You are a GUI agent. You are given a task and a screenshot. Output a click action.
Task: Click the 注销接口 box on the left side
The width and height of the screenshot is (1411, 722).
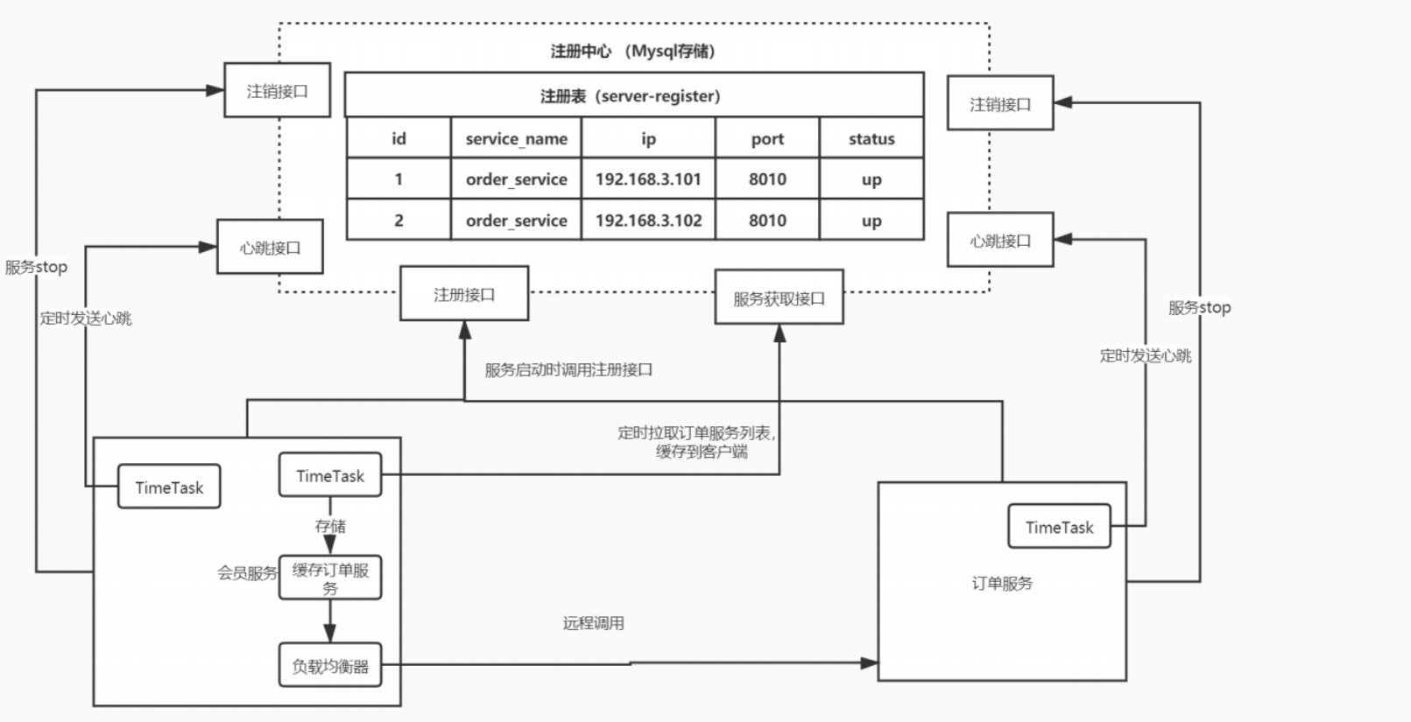tap(277, 90)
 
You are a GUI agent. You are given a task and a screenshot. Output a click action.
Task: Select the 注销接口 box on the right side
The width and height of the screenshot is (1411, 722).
tap(1000, 104)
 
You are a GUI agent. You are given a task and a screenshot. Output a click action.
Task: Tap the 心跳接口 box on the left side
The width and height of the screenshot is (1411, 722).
tap(270, 248)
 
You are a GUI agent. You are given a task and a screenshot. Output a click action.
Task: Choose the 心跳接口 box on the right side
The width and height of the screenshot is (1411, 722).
tap(1000, 241)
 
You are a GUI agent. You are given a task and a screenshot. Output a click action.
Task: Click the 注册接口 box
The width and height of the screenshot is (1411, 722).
tap(464, 295)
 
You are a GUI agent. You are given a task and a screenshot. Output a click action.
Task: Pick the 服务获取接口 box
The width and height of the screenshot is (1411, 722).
tap(779, 298)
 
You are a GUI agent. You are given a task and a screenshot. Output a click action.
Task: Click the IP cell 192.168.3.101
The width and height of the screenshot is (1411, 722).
tap(648, 179)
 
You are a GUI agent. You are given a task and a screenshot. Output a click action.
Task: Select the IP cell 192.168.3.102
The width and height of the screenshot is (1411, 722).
tap(648, 221)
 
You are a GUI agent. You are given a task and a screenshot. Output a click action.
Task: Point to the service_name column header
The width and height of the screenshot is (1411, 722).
tap(516, 138)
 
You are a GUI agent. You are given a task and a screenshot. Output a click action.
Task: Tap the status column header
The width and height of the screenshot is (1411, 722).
tap(871, 138)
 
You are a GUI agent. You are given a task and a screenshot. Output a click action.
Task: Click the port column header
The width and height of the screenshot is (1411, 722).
tap(767, 138)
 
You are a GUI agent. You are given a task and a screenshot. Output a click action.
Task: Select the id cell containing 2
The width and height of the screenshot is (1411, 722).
tap(399, 221)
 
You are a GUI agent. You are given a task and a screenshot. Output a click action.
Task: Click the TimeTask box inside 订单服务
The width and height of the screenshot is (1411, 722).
tap(1059, 527)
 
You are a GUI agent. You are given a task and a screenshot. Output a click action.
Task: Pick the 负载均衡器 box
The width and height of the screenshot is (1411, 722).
tap(330, 666)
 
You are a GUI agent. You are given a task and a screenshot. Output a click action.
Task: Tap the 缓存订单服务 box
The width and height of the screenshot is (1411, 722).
tap(330, 578)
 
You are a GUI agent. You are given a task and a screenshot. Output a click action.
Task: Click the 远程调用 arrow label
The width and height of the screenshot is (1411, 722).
tap(593, 623)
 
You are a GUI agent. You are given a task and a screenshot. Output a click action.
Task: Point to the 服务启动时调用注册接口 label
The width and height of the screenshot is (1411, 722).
tap(568, 369)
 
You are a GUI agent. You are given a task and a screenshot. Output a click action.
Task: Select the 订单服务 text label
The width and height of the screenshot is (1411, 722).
tap(1002, 583)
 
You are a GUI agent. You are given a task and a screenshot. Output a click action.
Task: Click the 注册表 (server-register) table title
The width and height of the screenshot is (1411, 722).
tap(630, 96)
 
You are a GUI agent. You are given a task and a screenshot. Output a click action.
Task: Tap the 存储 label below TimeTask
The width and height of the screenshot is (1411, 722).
tap(330, 526)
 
